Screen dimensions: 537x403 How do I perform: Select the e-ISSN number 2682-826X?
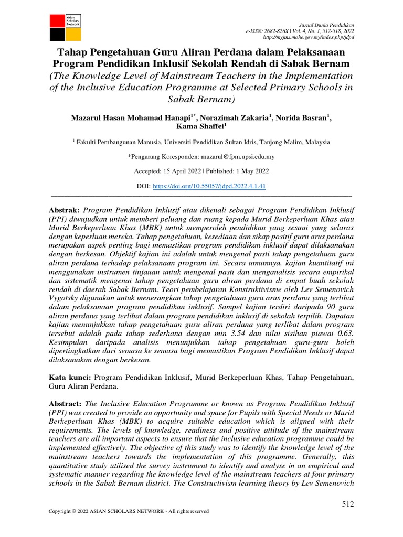coord(283,32)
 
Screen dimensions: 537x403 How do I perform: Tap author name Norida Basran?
coord(302,118)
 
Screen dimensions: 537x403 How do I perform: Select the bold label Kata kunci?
coord(70,377)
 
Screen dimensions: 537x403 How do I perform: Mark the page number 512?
coord(348,504)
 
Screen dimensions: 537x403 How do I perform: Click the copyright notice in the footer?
coord(129,511)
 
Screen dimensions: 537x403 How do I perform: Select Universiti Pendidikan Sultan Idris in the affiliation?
coord(214,142)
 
